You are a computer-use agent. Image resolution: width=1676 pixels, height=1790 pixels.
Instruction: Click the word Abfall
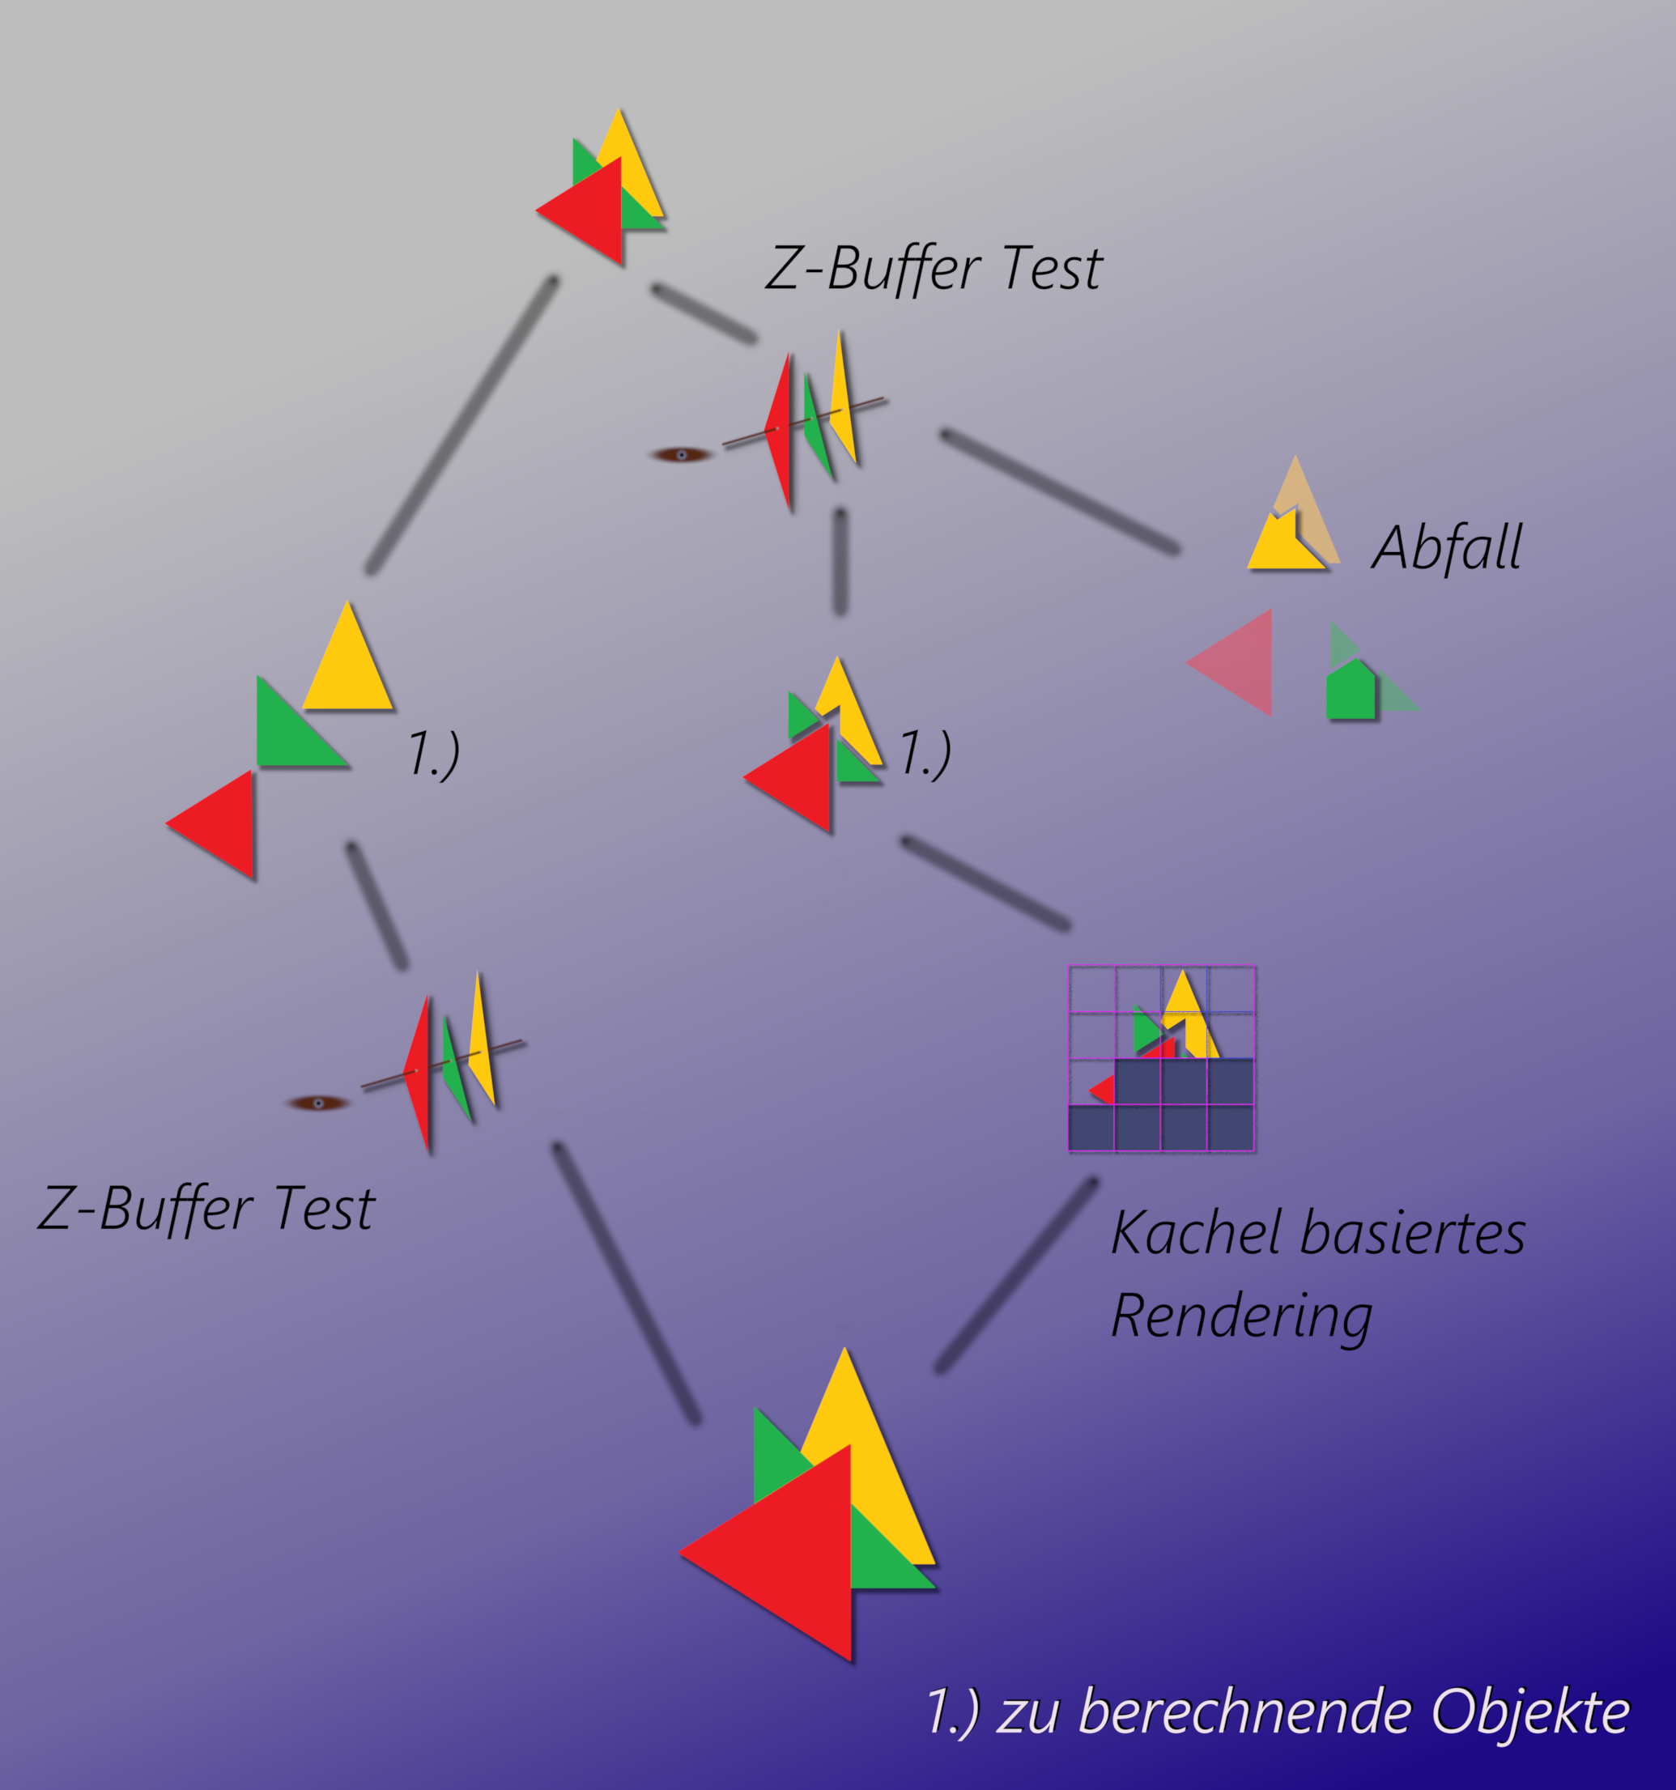pos(1446,547)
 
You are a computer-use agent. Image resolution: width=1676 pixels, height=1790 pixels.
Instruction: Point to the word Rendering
pos(1242,1317)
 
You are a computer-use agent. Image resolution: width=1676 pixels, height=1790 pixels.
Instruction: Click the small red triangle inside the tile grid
pos(1104,1091)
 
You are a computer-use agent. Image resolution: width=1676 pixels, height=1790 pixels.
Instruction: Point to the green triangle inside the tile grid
pos(1144,1029)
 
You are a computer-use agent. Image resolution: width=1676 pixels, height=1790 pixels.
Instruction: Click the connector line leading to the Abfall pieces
pos(1060,491)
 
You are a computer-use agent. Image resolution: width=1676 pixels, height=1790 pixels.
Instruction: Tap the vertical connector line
pos(840,563)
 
